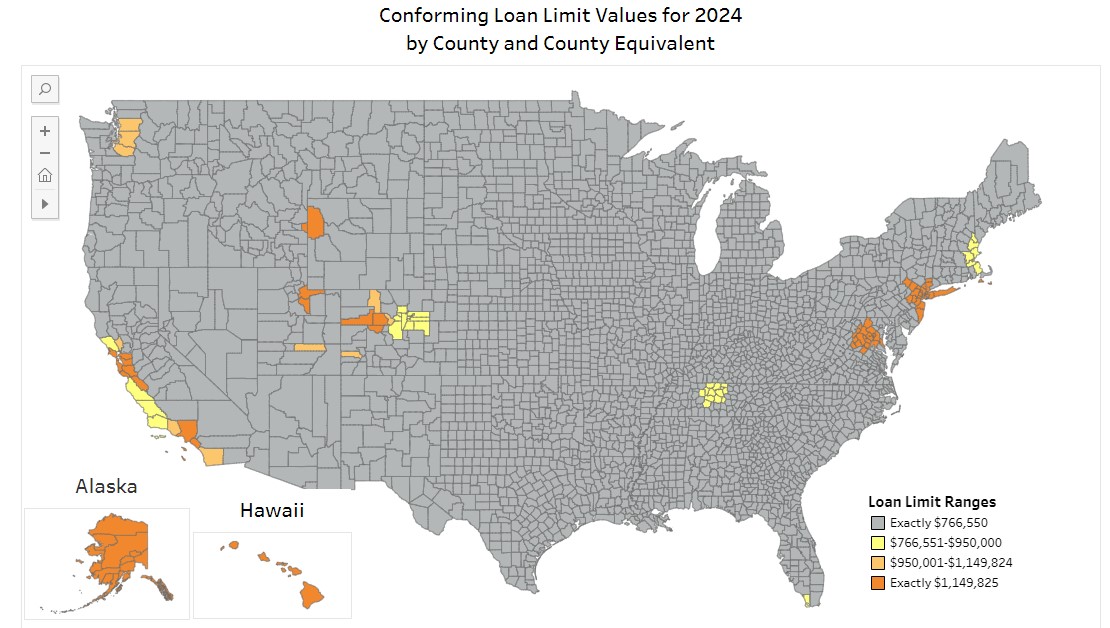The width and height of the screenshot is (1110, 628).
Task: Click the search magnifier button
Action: (x=45, y=89)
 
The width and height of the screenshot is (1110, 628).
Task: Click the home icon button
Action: (x=45, y=176)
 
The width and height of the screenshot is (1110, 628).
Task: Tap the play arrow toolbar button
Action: (x=45, y=203)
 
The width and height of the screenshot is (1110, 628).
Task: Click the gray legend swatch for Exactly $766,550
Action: (x=877, y=523)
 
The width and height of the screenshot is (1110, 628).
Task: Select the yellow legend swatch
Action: (x=877, y=543)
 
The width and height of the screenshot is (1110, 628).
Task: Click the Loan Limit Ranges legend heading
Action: (x=931, y=502)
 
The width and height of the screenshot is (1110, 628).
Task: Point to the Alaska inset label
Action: (x=106, y=487)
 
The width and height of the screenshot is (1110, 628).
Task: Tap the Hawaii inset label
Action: (x=272, y=511)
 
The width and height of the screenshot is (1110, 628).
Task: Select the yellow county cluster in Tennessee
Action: (x=713, y=394)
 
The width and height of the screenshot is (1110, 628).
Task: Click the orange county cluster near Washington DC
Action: (x=866, y=336)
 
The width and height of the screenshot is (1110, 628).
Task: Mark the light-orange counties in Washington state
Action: (x=127, y=138)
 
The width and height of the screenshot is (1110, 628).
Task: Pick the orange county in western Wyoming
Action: (x=315, y=222)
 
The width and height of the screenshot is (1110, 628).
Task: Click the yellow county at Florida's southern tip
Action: (x=807, y=600)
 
